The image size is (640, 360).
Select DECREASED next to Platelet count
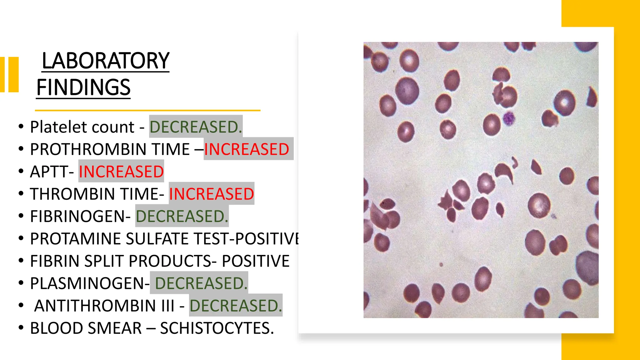point(196,127)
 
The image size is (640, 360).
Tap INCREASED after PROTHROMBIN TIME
point(247,149)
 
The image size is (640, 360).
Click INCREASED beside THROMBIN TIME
point(212,194)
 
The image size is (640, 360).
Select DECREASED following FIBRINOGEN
point(182,216)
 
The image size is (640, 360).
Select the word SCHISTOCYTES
point(217,328)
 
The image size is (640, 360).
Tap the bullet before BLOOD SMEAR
point(21,328)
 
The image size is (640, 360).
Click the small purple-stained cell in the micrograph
point(509,118)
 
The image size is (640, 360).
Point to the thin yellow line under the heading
point(147,110)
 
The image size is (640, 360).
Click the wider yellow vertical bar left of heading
point(14,74)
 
